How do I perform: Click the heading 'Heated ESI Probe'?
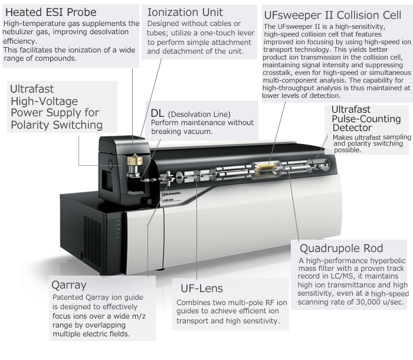pyautogui.click(x=51, y=12)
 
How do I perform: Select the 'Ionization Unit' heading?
pyautogui.click(x=185, y=12)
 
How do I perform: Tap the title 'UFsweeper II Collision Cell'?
pyautogui.click(x=332, y=15)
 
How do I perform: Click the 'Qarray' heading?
pyautogui.click(x=69, y=285)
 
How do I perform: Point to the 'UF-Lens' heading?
pyautogui.click(x=202, y=289)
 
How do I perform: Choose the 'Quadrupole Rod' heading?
pyautogui.click(x=342, y=248)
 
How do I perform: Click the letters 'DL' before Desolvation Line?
pyautogui.click(x=158, y=113)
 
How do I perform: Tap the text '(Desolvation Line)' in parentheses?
pyautogui.click(x=199, y=114)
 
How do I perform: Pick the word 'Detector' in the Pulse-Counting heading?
pyautogui.click(x=352, y=128)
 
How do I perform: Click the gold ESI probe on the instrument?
pyautogui.click(x=135, y=160)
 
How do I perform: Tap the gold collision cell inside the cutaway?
pyautogui.click(x=267, y=169)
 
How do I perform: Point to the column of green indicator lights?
pyautogui.click(x=117, y=229)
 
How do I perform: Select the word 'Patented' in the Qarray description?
pyautogui.click(x=68, y=297)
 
